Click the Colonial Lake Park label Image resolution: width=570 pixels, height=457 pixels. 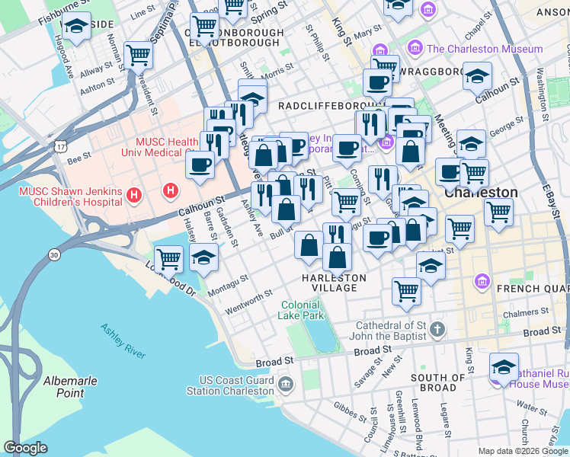304,310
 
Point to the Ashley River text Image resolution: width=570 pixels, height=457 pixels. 123,340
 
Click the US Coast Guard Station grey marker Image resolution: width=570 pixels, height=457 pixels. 286,383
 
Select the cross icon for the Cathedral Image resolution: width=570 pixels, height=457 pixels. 436,330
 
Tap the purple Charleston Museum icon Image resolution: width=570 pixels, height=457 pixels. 415,49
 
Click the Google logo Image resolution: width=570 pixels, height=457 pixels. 25,448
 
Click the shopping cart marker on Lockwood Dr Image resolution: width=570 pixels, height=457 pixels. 168,257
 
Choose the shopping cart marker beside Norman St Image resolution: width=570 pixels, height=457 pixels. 138,54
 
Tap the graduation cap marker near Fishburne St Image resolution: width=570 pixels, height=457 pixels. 76,27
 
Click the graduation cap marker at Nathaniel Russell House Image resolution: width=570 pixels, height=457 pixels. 504,366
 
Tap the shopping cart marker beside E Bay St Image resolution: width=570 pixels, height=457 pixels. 498,211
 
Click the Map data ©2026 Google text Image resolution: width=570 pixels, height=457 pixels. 523,451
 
